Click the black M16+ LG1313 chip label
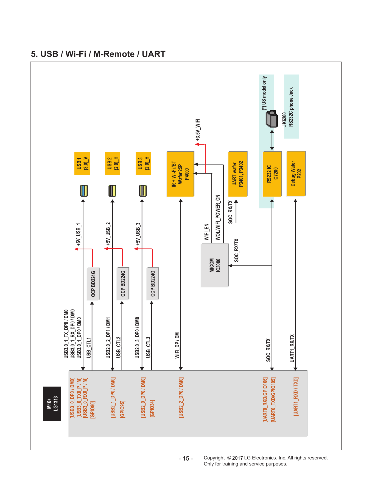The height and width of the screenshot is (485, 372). (52, 403)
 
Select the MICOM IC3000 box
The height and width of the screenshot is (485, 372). (215, 265)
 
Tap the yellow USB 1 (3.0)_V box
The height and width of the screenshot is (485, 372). (82, 163)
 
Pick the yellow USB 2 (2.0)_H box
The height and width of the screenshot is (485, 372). (113, 163)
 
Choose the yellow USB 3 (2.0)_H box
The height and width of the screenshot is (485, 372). (143, 163)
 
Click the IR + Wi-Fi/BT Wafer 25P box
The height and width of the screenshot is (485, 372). (180, 174)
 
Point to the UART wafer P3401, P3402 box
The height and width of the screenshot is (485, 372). (238, 174)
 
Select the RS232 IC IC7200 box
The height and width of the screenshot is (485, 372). (272, 174)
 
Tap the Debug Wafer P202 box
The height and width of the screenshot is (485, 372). (296, 174)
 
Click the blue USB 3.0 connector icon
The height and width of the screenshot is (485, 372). (84, 191)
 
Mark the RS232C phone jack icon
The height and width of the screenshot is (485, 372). (272, 119)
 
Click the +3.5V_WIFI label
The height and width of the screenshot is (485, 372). (198, 130)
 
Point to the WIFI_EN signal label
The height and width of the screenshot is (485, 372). (207, 232)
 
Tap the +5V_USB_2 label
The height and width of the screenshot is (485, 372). (108, 234)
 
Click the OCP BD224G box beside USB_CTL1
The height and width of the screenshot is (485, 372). (93, 284)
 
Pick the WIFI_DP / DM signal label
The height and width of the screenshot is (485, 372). (177, 345)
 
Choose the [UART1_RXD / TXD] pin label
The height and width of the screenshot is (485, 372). (296, 396)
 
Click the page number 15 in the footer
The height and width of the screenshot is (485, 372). (186, 459)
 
